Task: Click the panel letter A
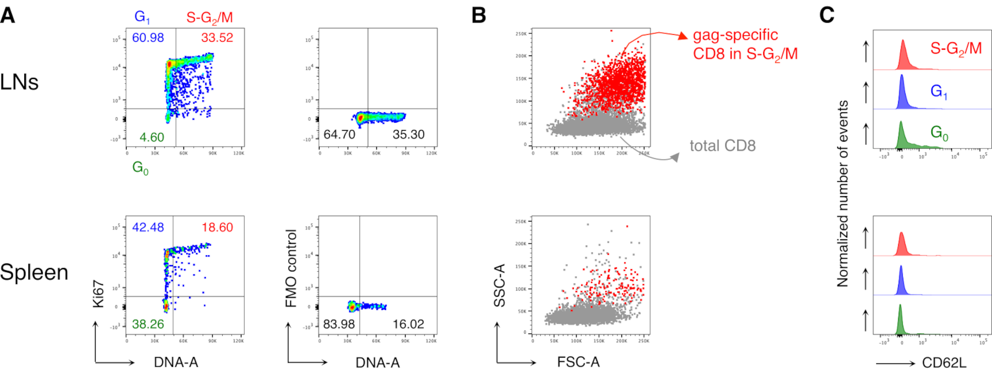click(x=7, y=15)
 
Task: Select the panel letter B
click(x=479, y=15)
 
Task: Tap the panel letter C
click(x=827, y=15)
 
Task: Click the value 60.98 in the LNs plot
click(x=148, y=38)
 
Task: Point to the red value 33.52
click(x=217, y=38)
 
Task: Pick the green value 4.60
click(x=152, y=137)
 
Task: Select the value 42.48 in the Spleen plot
click(x=148, y=227)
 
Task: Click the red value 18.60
click(x=217, y=227)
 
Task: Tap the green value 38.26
click(x=148, y=324)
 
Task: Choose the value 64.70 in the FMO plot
click(x=339, y=135)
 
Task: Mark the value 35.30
click(x=408, y=135)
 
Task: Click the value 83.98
click(x=339, y=324)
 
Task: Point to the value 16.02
click(x=408, y=324)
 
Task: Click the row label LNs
click(x=19, y=82)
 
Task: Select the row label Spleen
click(x=34, y=272)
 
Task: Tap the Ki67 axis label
click(x=98, y=294)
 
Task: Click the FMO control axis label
click(x=291, y=268)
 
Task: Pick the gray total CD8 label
click(x=722, y=146)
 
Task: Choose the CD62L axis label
click(x=944, y=363)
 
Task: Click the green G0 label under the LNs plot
click(x=140, y=168)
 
